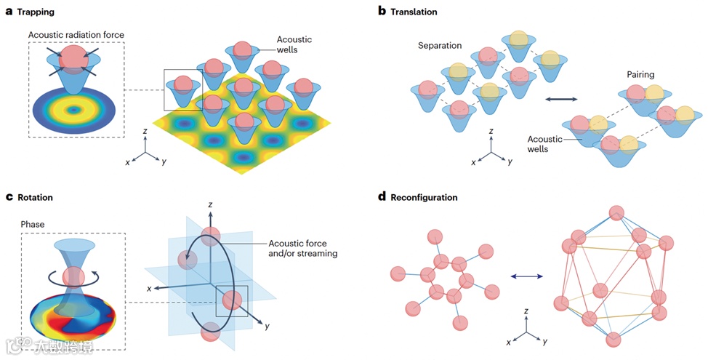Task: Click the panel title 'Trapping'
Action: tap(36, 12)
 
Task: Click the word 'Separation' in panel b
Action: tap(440, 45)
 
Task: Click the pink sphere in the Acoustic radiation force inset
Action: tap(73, 57)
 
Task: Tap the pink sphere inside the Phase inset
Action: tap(73, 277)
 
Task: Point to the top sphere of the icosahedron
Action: tap(616, 213)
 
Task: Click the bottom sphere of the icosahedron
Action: tap(614, 340)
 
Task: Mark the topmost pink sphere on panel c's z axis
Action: tap(211, 236)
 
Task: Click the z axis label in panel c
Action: tap(210, 206)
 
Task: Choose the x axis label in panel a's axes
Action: tap(127, 162)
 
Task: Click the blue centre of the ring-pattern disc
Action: tap(73, 111)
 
